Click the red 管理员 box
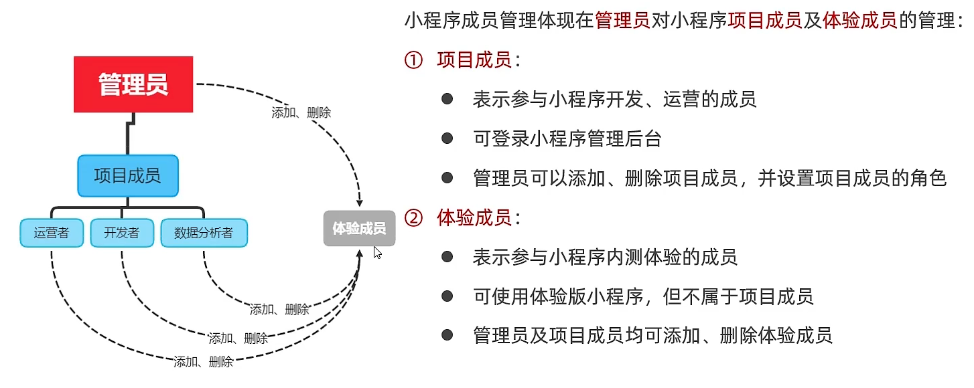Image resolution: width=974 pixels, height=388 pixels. (133, 84)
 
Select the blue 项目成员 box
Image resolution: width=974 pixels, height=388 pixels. (127, 176)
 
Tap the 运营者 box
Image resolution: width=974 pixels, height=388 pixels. (51, 233)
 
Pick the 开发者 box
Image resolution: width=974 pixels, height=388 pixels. (121, 233)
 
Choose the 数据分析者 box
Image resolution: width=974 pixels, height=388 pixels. (204, 233)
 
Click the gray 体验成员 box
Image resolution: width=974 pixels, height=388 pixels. (359, 229)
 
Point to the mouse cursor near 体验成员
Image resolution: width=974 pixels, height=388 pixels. (377, 252)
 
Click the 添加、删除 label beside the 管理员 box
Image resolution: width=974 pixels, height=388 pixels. (301, 113)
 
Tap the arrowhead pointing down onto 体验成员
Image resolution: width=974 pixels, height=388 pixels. (360, 201)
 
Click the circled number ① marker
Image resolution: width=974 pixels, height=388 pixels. (413, 61)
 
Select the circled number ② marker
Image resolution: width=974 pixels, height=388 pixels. (413, 217)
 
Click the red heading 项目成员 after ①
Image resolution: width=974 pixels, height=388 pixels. (474, 61)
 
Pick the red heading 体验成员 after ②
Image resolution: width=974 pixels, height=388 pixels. (474, 217)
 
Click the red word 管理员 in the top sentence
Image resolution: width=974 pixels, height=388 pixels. (622, 21)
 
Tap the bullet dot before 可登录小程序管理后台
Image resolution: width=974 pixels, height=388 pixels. (447, 138)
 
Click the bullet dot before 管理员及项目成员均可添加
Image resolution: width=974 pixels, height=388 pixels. (447, 334)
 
